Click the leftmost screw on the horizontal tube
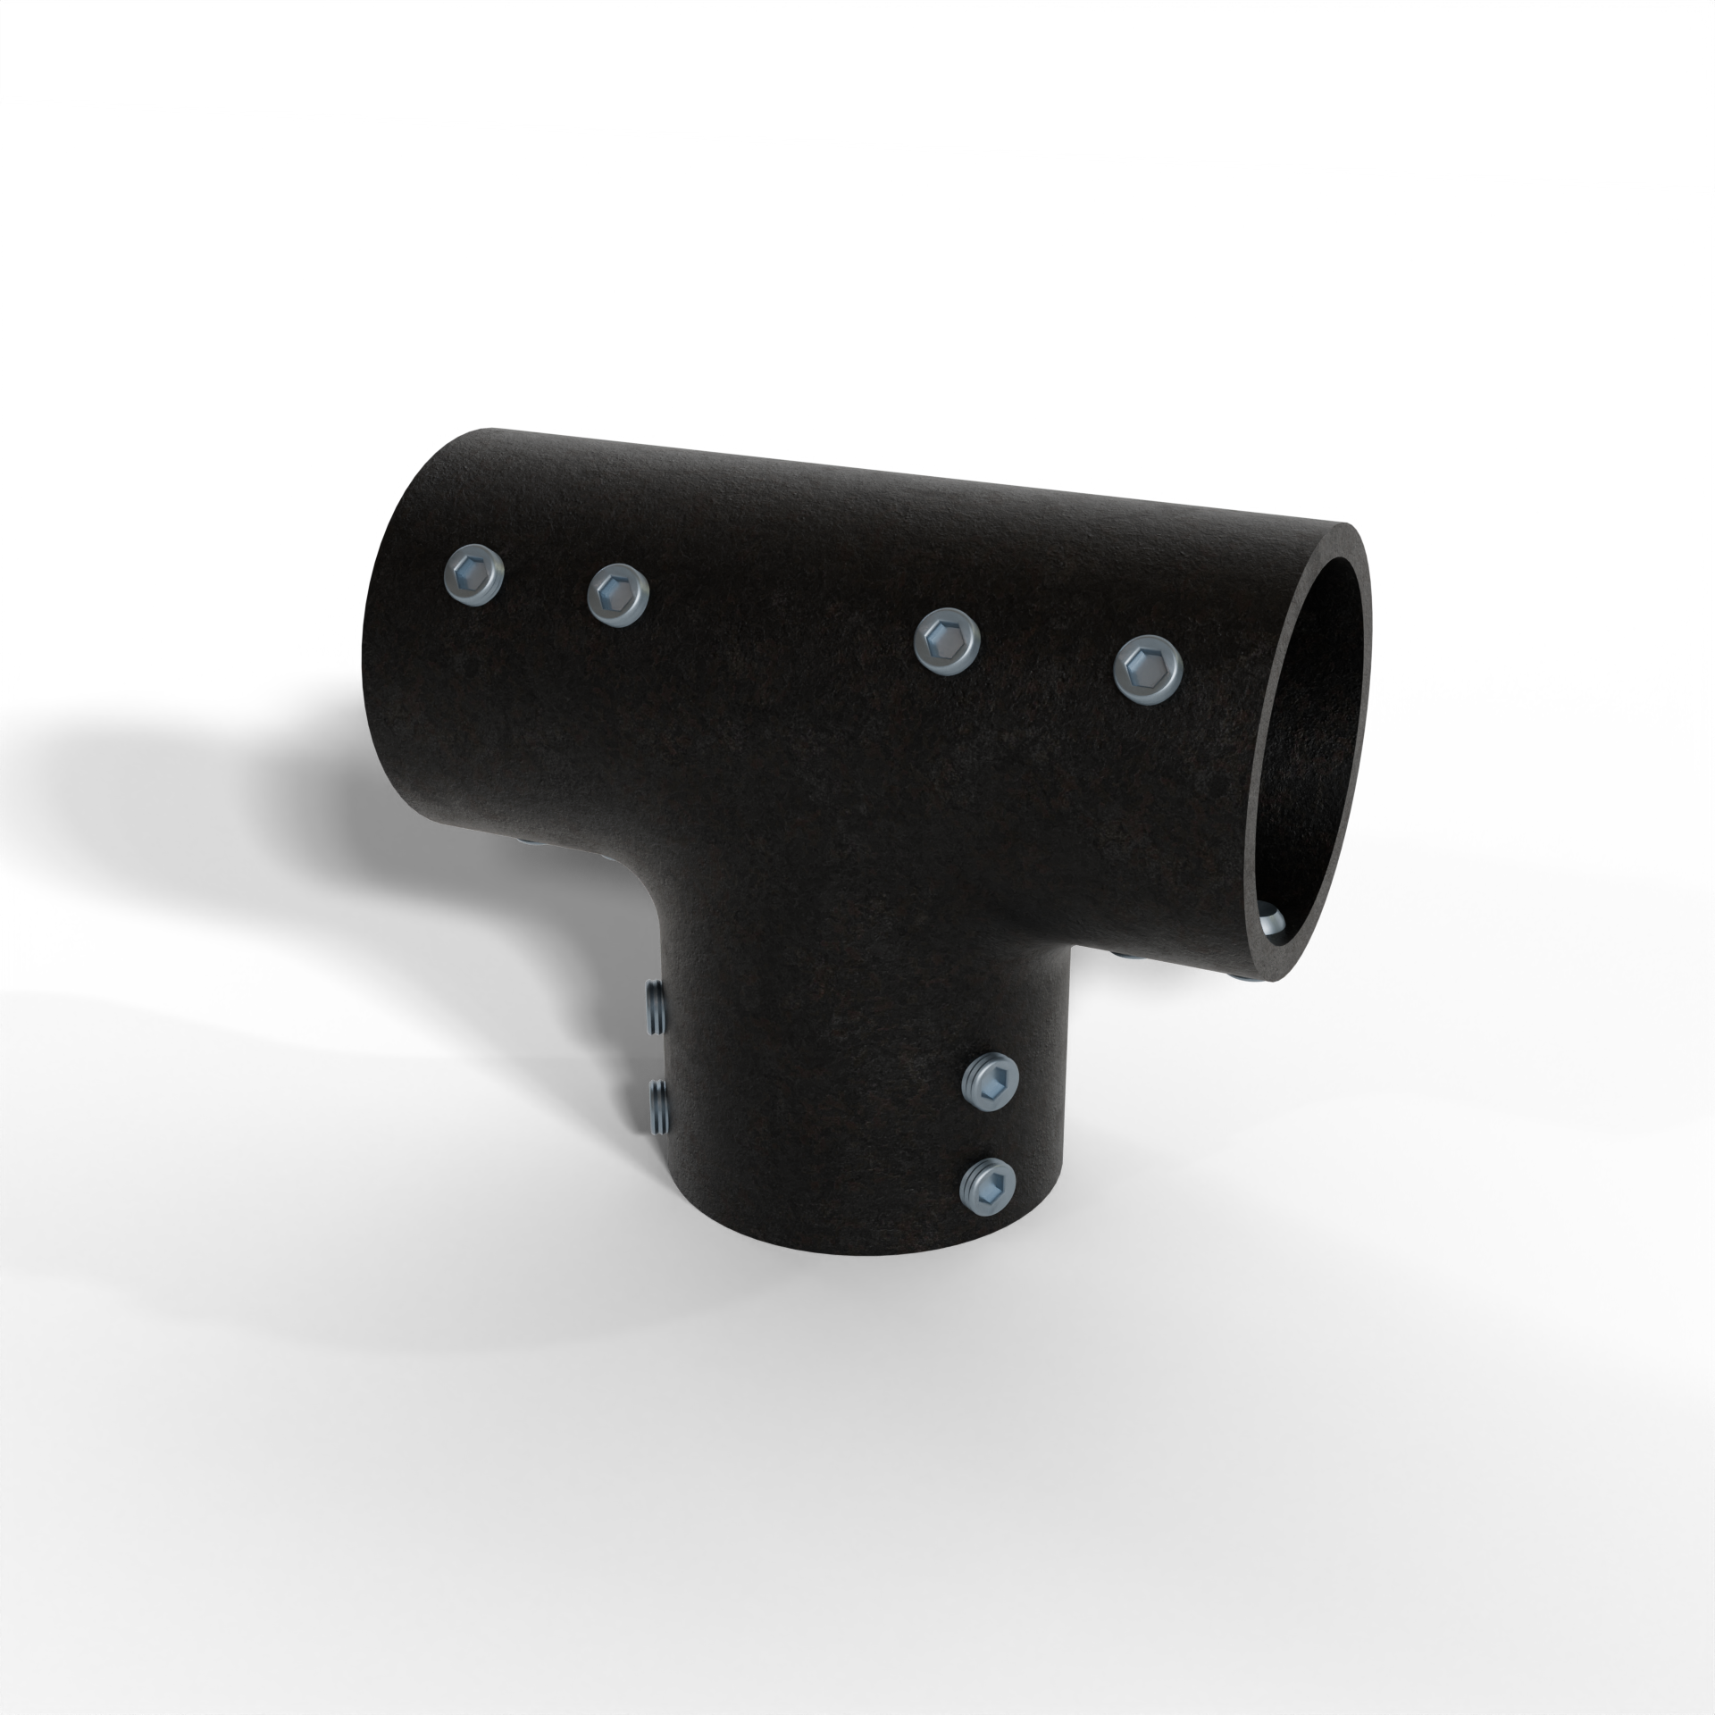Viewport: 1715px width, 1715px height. (473, 576)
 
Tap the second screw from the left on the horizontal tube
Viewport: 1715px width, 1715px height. (617, 593)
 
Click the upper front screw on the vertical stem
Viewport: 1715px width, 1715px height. (992, 1083)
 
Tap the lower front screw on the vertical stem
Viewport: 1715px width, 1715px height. (990, 1188)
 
